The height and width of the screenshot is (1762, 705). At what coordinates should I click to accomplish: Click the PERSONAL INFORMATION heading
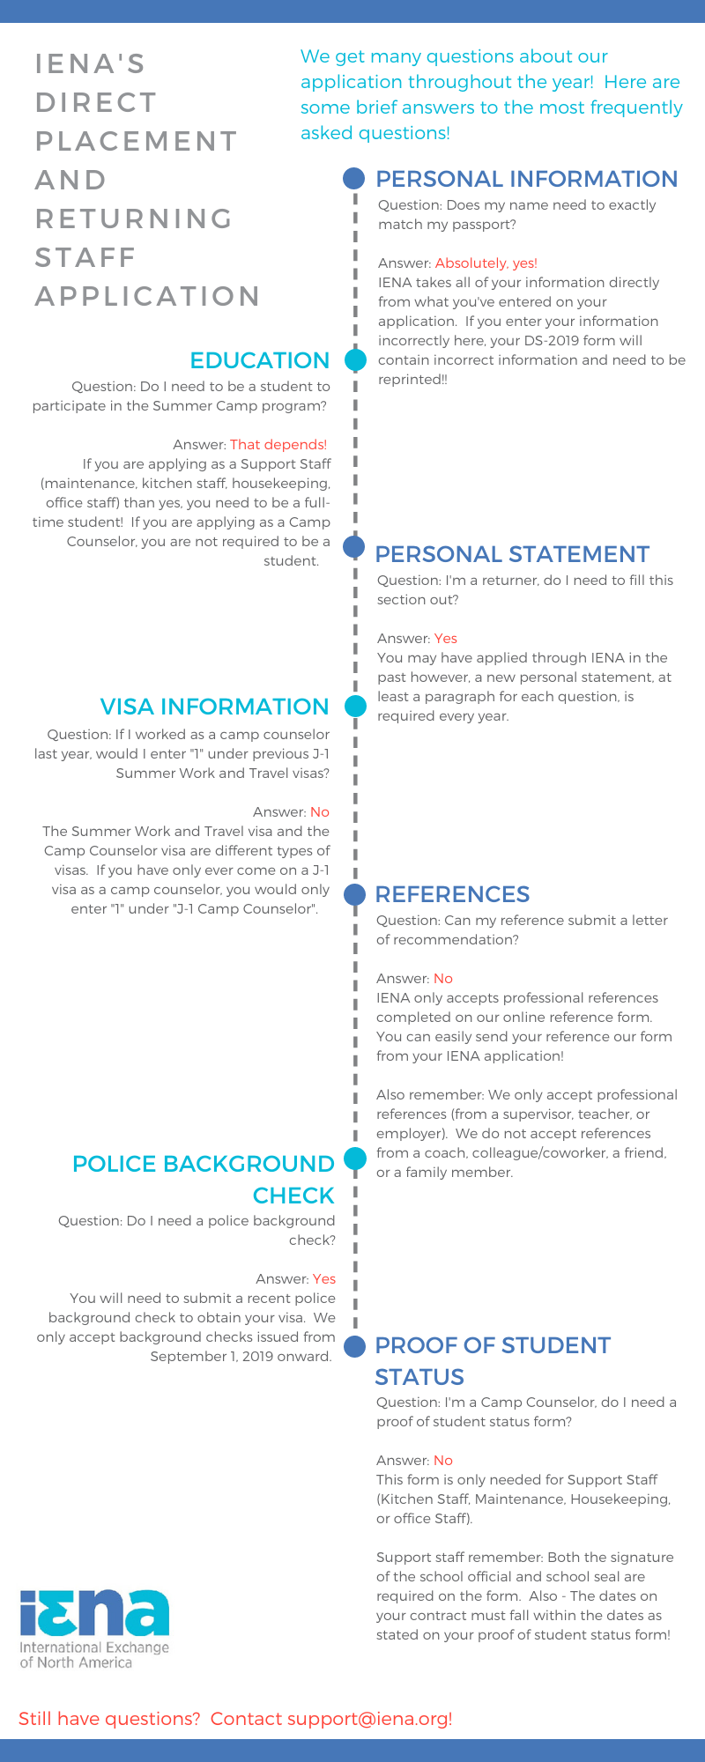point(526,179)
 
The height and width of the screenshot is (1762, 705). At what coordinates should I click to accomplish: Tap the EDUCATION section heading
point(259,360)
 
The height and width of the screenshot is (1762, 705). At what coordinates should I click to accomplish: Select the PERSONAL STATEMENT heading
point(512,554)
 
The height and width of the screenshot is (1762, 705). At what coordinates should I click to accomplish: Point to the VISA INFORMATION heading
point(214,707)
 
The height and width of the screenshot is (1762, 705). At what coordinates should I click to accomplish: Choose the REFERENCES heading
point(452,894)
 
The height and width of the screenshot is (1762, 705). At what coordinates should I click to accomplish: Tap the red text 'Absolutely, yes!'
point(486,263)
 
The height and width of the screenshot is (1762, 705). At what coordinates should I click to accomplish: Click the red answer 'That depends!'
point(278,445)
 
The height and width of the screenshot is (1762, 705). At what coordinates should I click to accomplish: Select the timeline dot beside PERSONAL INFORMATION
point(353,179)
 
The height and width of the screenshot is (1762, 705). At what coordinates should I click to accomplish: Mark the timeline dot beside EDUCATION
point(354,360)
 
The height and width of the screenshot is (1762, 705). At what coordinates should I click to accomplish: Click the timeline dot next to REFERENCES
point(354,894)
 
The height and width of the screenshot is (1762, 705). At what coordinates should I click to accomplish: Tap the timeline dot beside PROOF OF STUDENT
point(354,1345)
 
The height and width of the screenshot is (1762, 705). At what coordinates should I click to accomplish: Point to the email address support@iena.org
point(369,1719)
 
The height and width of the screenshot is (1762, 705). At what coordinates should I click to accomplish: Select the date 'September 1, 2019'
point(207,1357)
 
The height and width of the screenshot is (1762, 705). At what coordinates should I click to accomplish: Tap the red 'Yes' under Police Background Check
point(323,1279)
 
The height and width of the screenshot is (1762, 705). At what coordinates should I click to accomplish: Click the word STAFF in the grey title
point(85,257)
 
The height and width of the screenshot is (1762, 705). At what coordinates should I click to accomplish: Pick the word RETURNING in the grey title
point(134,218)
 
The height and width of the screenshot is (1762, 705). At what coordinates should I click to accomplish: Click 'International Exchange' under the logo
point(93,1647)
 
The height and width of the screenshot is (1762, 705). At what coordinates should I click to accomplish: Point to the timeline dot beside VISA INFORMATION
point(355,706)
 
